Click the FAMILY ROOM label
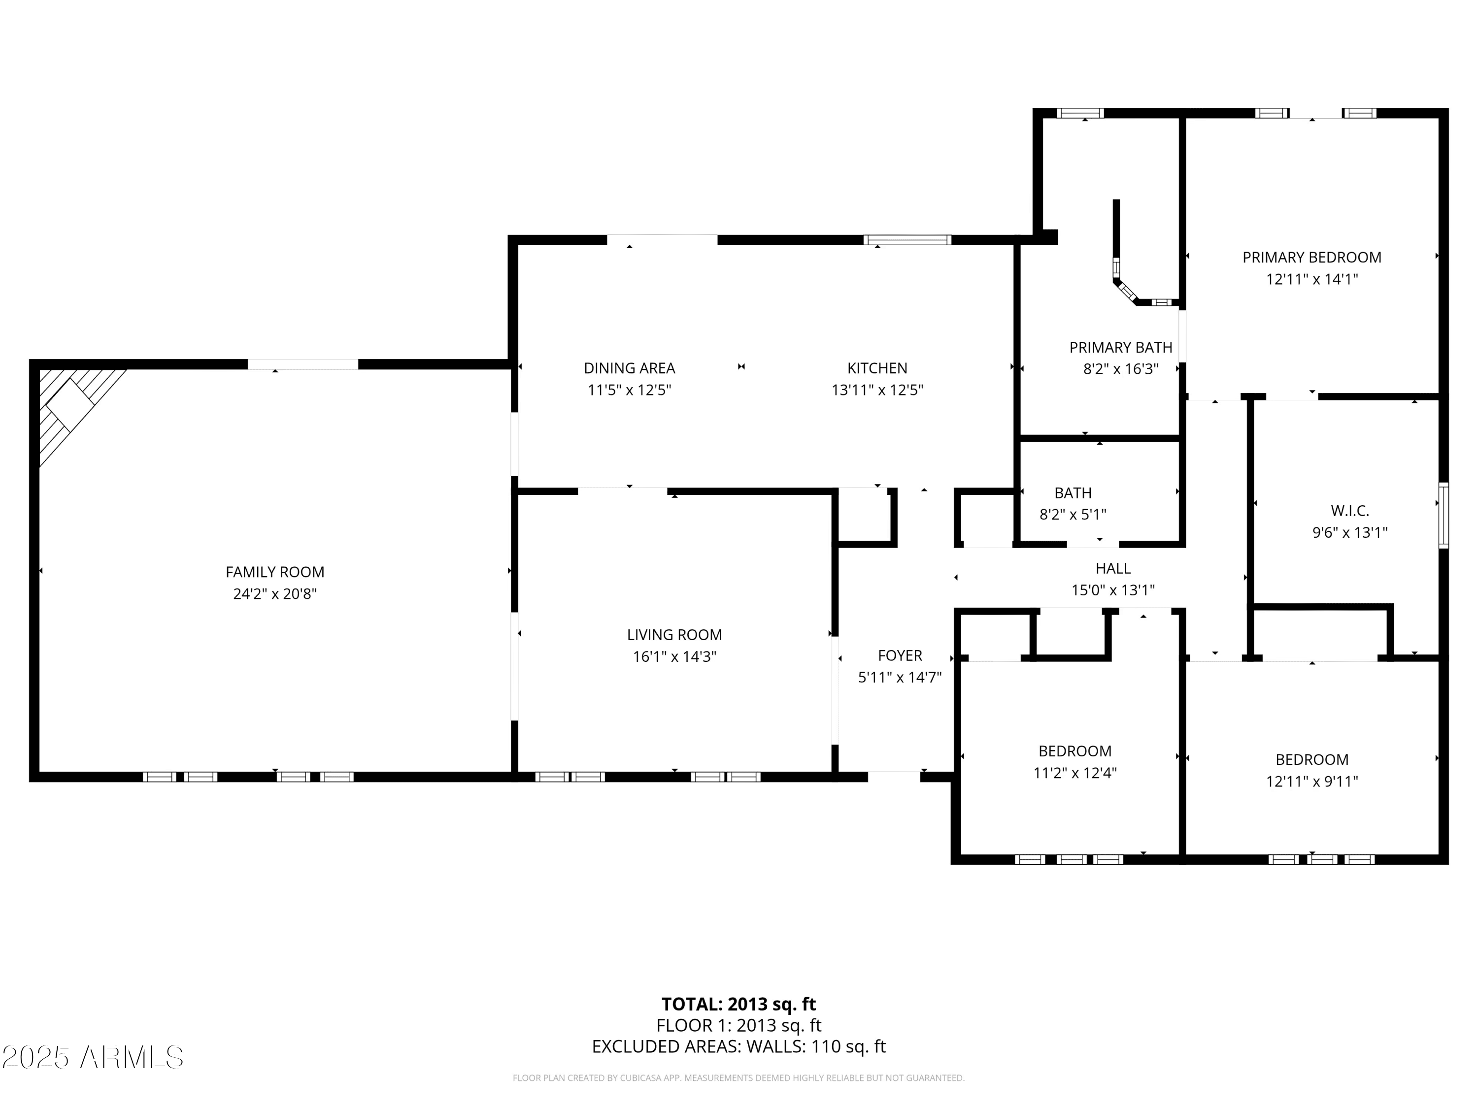click(x=274, y=572)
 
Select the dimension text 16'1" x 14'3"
click(x=674, y=656)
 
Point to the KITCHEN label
click(x=877, y=368)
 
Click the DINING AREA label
click(x=630, y=368)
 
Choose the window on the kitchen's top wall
click(x=907, y=240)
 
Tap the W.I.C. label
click(x=1350, y=511)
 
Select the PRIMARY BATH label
click(x=1120, y=347)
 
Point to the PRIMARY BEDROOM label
click(x=1311, y=257)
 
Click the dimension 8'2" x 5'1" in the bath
click(x=1073, y=514)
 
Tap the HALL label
click(x=1112, y=568)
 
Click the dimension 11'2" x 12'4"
click(x=1075, y=773)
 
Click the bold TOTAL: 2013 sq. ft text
click(x=739, y=1004)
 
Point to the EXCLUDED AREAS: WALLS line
click(x=739, y=1046)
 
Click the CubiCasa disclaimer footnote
click(x=739, y=1077)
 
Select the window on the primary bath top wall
click(x=1080, y=113)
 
